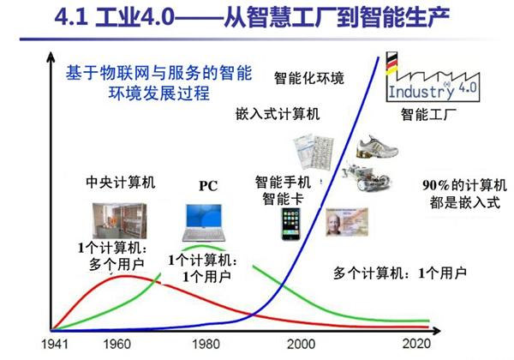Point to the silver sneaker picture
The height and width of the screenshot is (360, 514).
point(378,145)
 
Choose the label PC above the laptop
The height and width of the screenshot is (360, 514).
point(209,184)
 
